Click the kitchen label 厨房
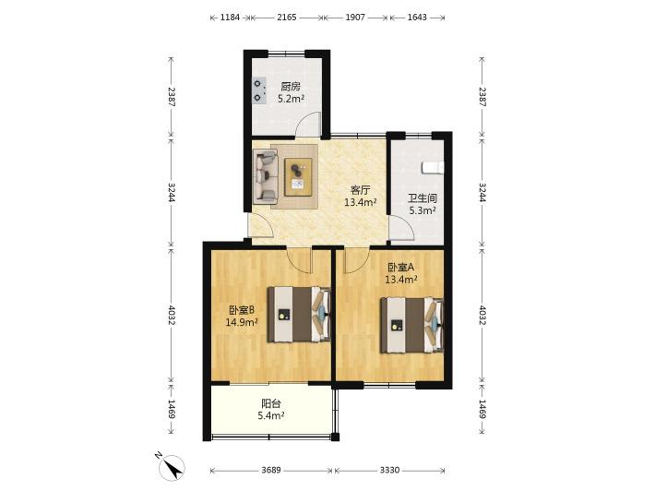[291, 87]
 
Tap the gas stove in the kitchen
[259, 90]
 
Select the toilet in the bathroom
[433, 168]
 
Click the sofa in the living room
[266, 177]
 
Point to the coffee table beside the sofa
[298, 177]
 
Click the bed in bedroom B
[299, 314]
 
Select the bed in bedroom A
[411, 325]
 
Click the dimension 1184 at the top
[230, 18]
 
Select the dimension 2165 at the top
[287, 18]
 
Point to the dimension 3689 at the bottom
[271, 470]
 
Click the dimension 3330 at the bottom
[389, 470]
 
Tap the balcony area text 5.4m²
[271, 415]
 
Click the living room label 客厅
[360, 190]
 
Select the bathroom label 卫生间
[423, 198]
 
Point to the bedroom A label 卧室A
[401, 267]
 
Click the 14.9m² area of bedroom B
[241, 322]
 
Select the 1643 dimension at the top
[417, 18]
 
